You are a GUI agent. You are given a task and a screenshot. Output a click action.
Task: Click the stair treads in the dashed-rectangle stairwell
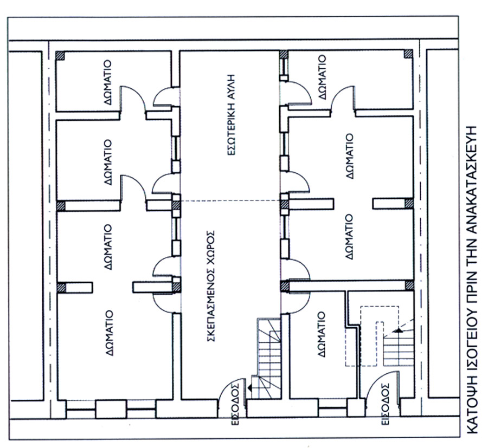tap(399, 349)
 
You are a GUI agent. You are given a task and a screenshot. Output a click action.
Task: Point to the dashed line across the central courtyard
tap(230, 201)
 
